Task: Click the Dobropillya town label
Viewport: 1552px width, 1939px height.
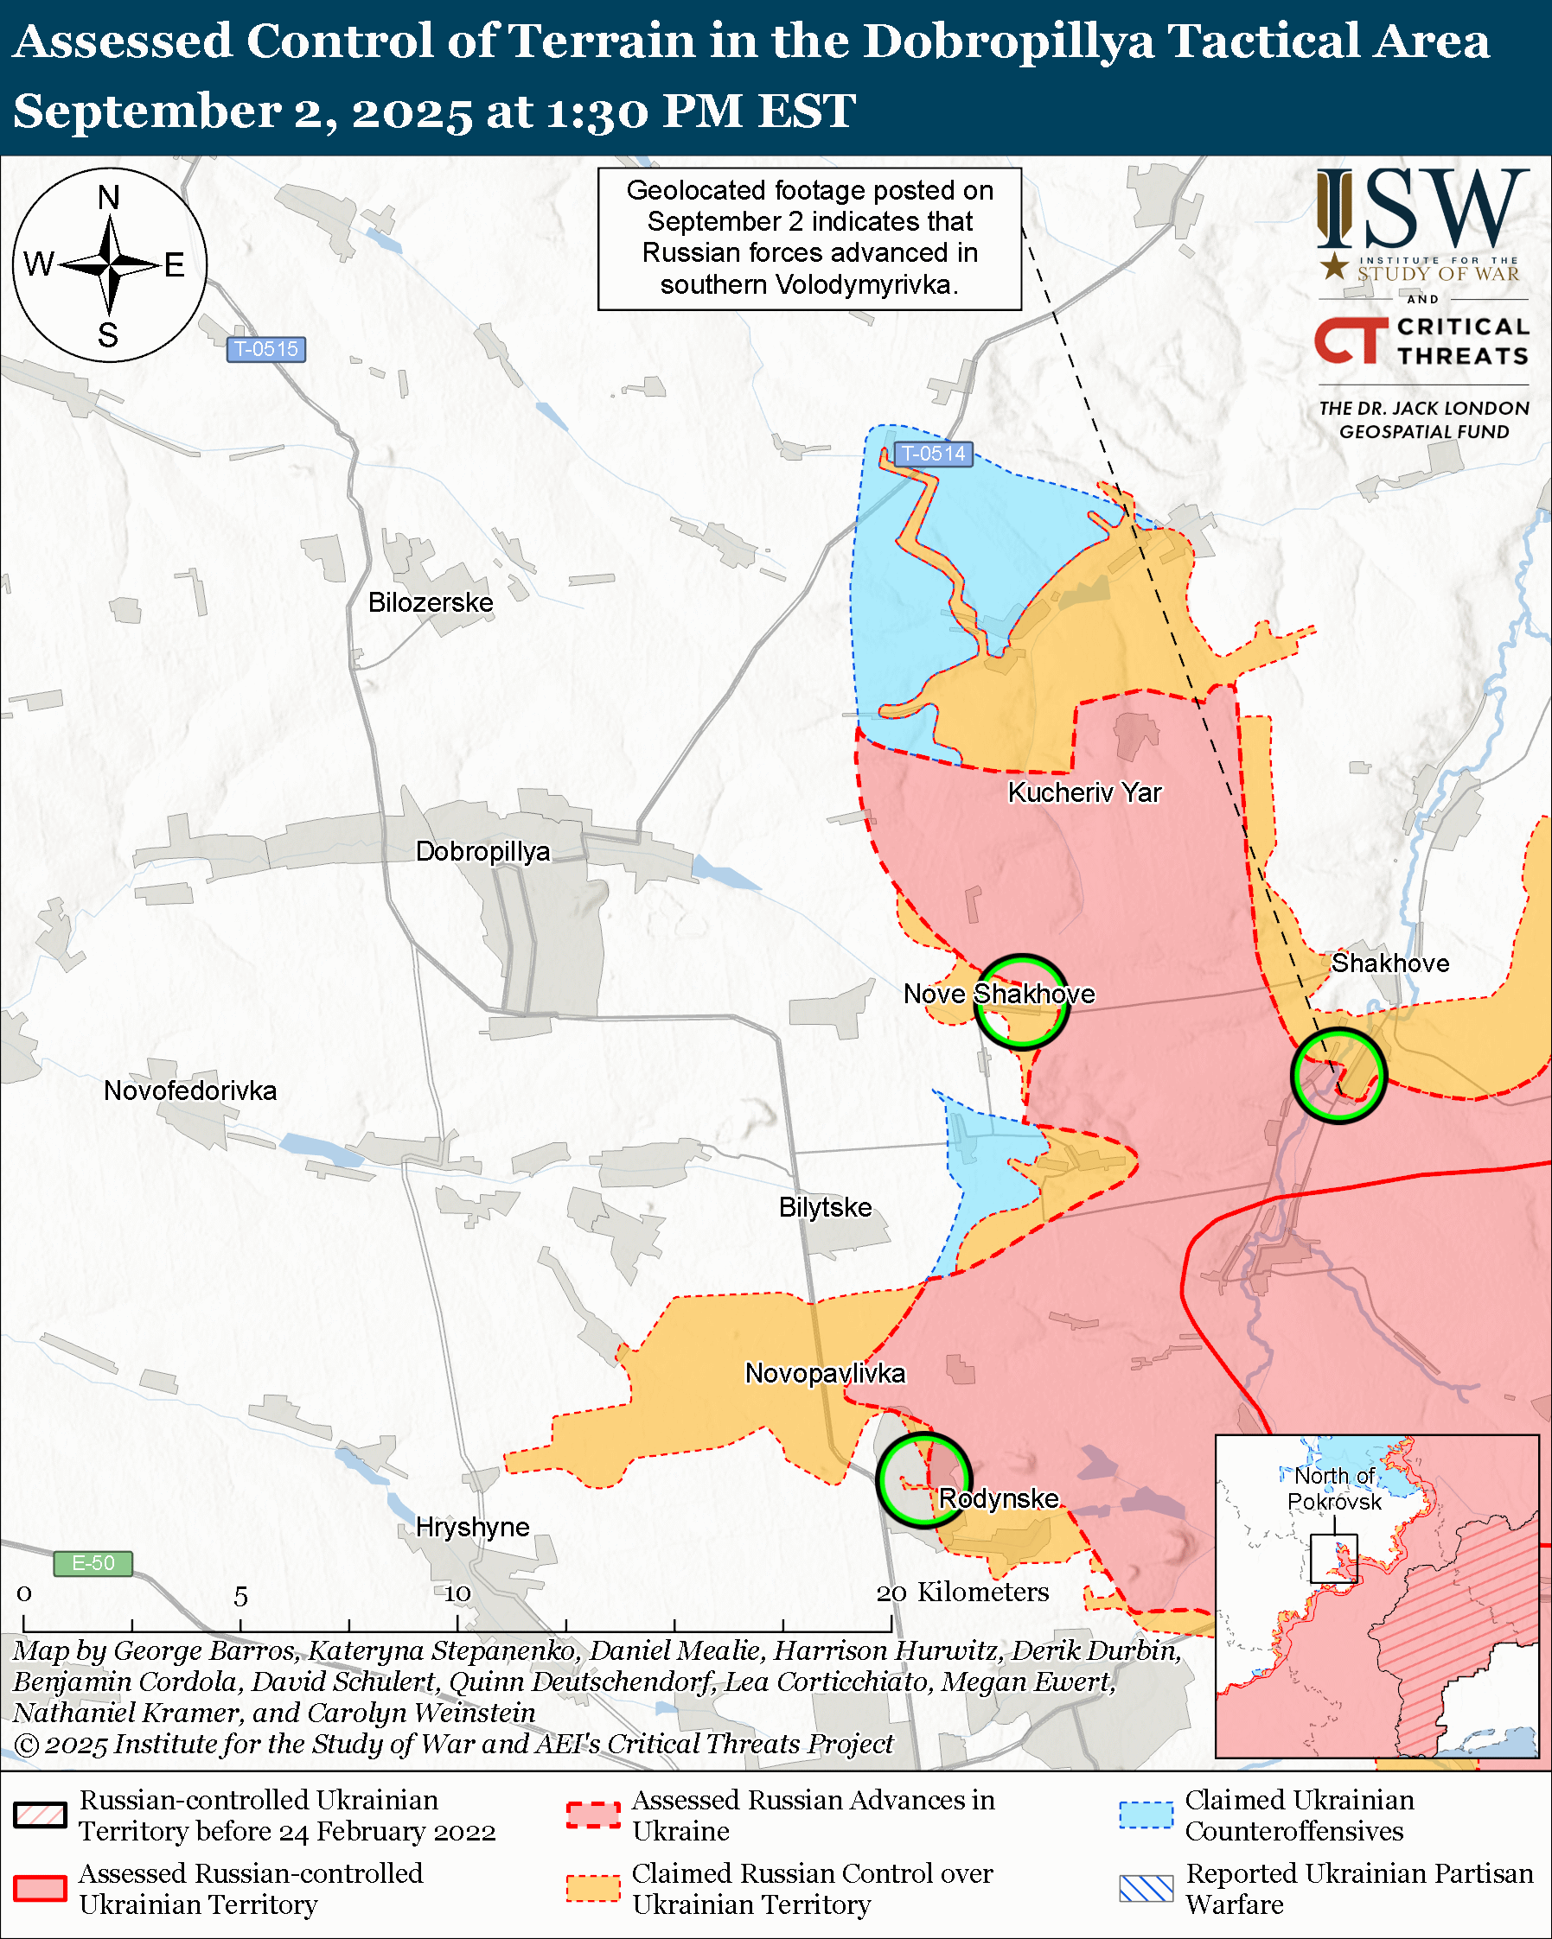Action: coord(482,851)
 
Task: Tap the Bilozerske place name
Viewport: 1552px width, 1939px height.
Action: coord(430,601)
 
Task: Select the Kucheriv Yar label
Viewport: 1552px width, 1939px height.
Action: coord(1084,792)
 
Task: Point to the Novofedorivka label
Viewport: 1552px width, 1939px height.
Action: coord(190,1091)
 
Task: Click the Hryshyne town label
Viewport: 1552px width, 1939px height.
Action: coord(472,1527)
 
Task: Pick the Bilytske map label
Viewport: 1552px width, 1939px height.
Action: coord(825,1207)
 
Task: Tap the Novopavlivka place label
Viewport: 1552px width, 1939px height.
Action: coord(825,1373)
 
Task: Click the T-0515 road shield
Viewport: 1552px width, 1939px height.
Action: coord(265,349)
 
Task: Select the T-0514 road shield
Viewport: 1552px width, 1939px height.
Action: coord(933,455)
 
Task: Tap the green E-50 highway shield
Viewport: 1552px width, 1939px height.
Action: coord(93,1563)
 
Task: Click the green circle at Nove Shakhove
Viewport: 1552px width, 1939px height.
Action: coord(1022,1001)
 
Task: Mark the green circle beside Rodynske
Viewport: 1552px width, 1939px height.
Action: coord(924,1479)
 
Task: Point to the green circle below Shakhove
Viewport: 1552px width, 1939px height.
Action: coord(1338,1075)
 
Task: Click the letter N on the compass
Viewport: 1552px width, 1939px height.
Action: coord(109,197)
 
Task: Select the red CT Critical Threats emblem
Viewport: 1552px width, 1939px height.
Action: coord(1350,340)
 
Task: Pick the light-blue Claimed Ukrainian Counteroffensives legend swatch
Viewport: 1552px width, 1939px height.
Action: coord(1146,1815)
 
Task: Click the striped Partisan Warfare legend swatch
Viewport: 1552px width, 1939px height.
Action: coord(1146,1889)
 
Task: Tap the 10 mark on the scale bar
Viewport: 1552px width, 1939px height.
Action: coord(457,1593)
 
